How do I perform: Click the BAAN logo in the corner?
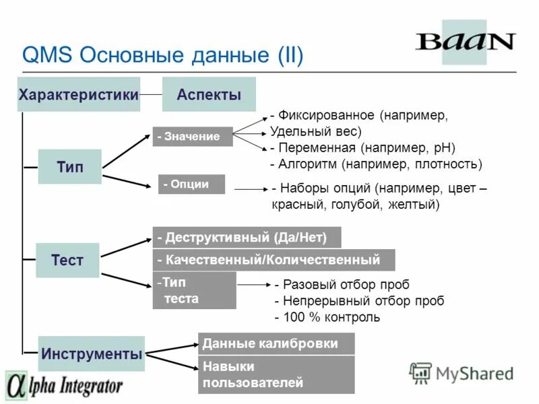[x=465, y=42]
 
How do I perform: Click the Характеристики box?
[x=79, y=95]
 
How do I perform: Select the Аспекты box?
[x=209, y=95]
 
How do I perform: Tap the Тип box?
[x=70, y=167]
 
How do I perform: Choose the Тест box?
[x=67, y=261]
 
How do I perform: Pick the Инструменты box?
[x=92, y=353]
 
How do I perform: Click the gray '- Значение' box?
[x=192, y=137]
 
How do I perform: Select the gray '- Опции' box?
[x=191, y=184]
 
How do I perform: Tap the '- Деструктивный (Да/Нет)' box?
[x=247, y=238]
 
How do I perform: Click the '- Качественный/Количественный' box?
[x=274, y=260]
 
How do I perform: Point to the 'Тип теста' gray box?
[x=195, y=290]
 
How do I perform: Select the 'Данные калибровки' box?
[x=276, y=343]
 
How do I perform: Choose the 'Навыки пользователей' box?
[x=276, y=375]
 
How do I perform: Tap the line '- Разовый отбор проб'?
[x=342, y=285]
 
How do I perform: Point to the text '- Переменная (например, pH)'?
[x=362, y=147]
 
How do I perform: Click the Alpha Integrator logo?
[x=65, y=386]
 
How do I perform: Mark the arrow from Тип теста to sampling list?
[x=253, y=285]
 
